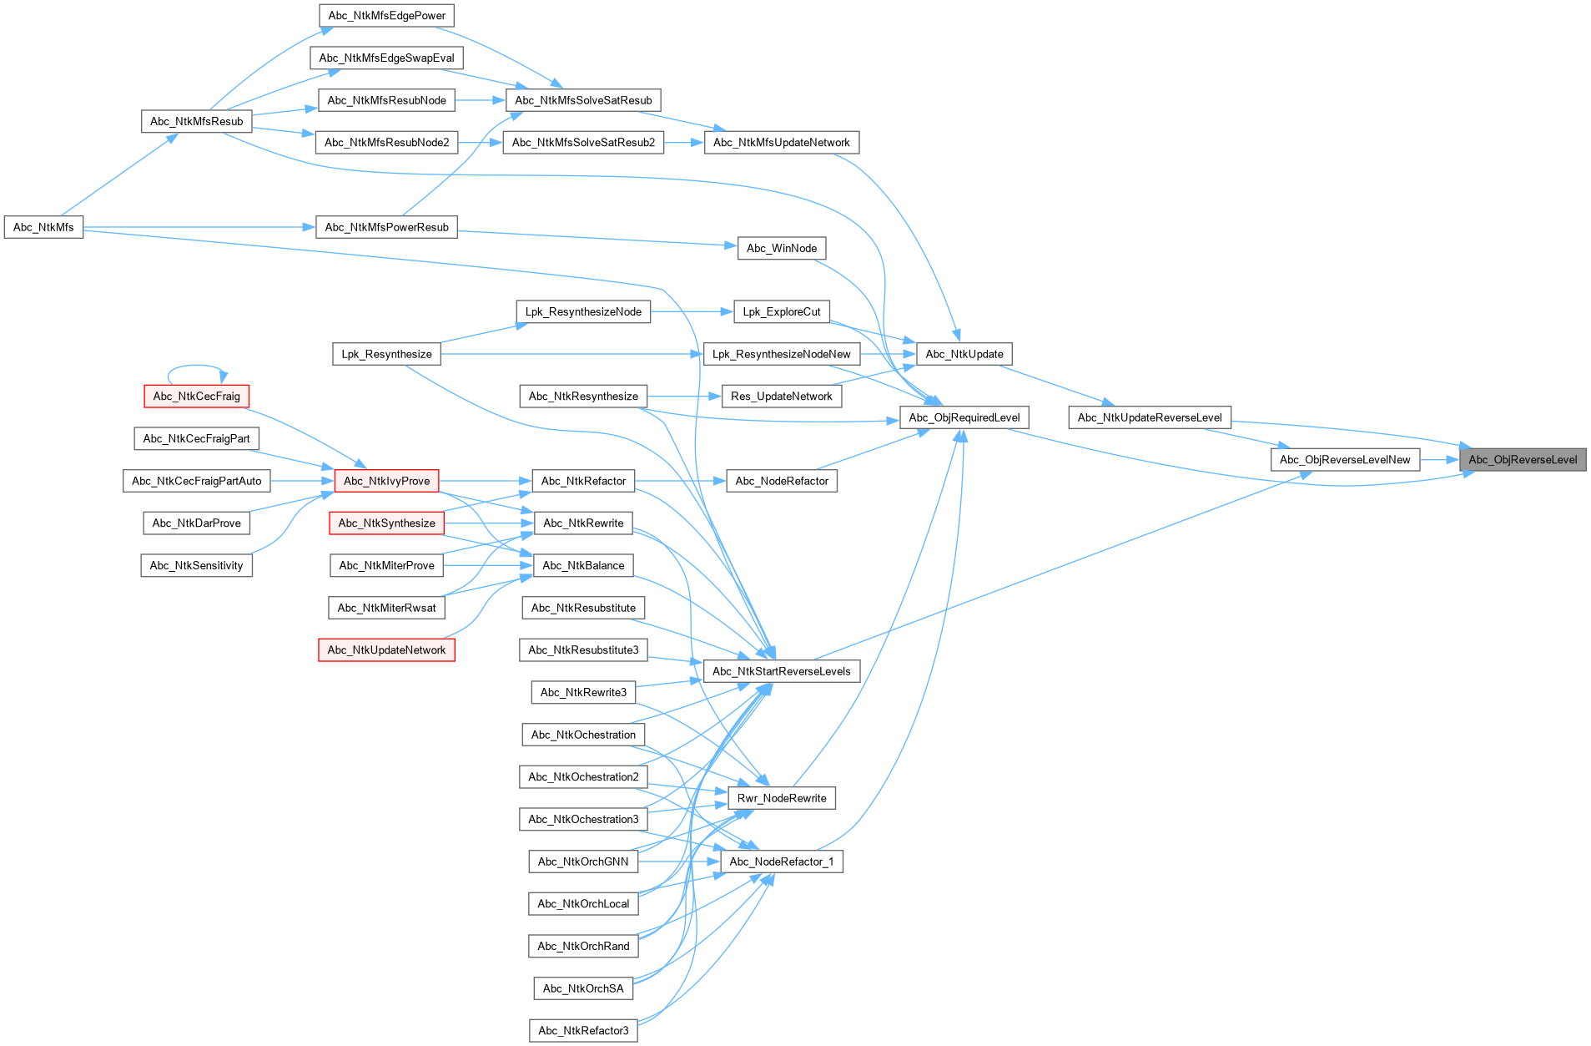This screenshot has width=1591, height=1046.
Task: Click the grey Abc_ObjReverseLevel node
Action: point(1522,459)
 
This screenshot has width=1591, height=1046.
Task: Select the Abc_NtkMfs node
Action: point(43,227)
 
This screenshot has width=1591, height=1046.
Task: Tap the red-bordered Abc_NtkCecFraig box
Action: point(196,396)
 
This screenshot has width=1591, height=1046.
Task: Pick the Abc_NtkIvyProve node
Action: point(386,481)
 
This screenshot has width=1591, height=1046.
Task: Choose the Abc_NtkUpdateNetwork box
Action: point(386,649)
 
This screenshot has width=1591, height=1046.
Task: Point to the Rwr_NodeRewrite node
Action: point(782,798)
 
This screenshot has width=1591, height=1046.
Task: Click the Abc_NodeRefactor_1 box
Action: point(781,862)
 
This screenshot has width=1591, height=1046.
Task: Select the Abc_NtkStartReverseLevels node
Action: point(781,671)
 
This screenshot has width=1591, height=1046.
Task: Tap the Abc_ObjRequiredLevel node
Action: point(964,417)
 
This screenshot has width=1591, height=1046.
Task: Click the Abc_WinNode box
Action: point(782,248)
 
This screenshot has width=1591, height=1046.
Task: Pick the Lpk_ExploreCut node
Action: point(782,311)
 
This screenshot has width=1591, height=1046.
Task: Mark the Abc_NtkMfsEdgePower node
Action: point(386,15)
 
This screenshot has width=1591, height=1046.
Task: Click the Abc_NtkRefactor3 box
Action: point(583,1030)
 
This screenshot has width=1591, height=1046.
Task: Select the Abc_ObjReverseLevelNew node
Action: point(1345,459)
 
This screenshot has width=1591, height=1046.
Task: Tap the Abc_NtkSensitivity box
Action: point(196,565)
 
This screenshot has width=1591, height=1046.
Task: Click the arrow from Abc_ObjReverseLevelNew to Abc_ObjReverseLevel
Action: point(1439,459)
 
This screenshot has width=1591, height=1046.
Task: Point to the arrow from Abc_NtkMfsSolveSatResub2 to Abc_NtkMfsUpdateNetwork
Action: point(684,143)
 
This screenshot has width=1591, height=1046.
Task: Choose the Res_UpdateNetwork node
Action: point(782,396)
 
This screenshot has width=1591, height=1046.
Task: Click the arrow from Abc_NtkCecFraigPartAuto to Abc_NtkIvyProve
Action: point(301,481)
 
